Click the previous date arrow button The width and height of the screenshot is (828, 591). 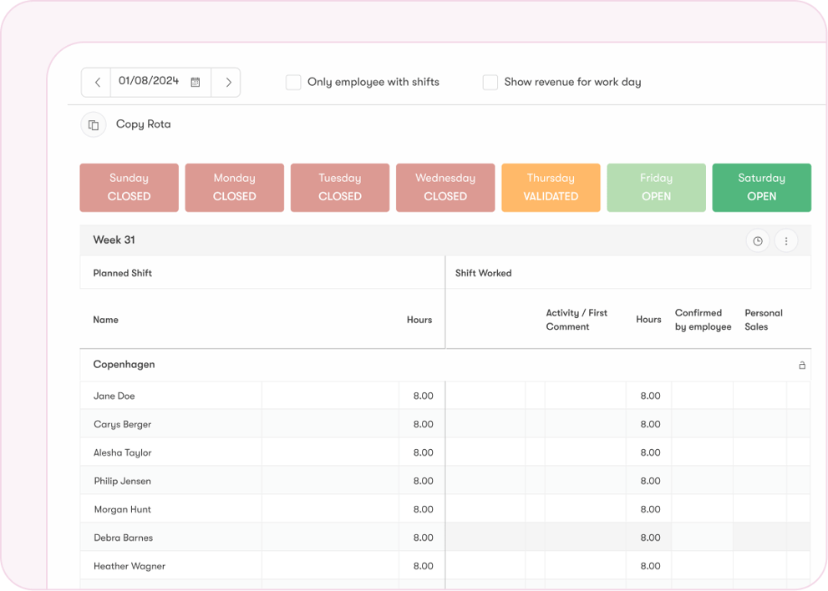pos(97,82)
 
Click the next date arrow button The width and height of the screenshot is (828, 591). pos(227,82)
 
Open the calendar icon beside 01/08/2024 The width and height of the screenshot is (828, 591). pos(196,82)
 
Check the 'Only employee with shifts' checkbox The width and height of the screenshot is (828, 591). pos(293,82)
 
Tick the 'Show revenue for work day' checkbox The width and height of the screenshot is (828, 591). pos(490,82)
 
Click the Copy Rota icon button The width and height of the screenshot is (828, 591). pos(94,124)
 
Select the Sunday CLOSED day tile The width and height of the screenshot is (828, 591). pos(129,187)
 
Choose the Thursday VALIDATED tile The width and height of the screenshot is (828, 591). pos(551,187)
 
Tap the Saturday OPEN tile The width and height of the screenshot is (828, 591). pos(761,187)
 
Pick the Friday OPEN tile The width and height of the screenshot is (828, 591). pos(656,187)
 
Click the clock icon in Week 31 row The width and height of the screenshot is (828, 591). pos(758,240)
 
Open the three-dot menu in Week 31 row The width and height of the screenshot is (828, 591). pos(785,240)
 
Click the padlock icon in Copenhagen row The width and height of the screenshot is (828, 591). pos(801,365)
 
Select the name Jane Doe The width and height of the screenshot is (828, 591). pos(114,396)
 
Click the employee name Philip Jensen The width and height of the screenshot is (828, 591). pos(122,481)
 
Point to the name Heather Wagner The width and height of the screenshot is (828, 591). pos(129,566)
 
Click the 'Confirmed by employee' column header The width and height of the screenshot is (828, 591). pos(703,320)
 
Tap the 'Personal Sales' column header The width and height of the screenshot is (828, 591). pos(763,320)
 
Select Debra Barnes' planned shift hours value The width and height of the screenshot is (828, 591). pos(423,538)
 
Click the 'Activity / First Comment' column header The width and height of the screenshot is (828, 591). pos(577,320)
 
